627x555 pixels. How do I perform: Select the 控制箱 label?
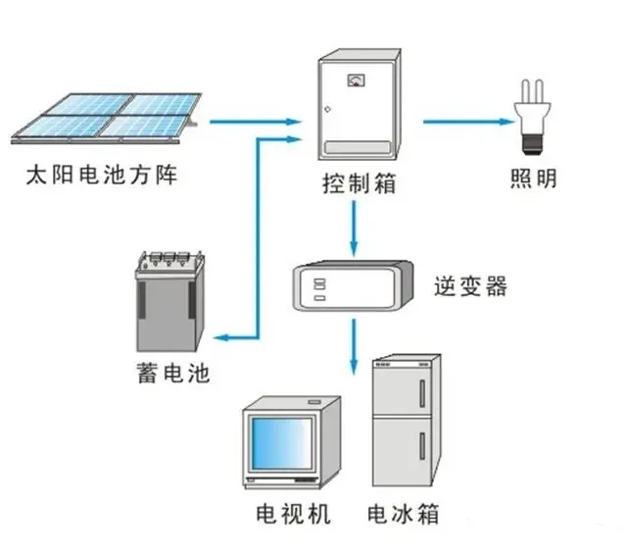point(360,183)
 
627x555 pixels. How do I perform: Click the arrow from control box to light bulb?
point(468,123)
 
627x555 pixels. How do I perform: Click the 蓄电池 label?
point(173,374)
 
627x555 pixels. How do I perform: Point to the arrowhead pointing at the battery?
point(224,338)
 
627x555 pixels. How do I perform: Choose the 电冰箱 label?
point(403,515)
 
